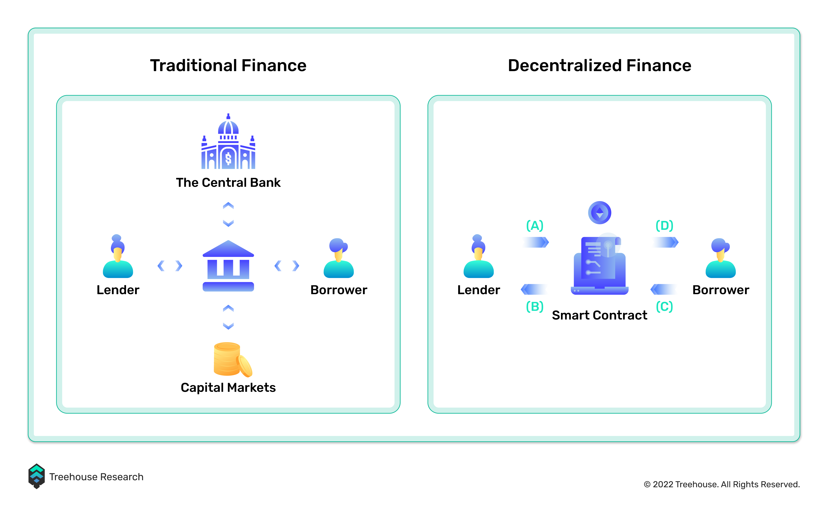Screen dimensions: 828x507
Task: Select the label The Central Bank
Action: coord(228,183)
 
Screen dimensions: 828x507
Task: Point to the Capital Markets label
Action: coord(228,388)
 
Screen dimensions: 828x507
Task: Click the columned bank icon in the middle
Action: coord(228,266)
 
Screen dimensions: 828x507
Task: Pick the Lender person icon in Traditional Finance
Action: coord(118,256)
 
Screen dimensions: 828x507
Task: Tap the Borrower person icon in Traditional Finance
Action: coord(339,258)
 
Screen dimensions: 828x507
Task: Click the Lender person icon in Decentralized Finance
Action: coord(478,256)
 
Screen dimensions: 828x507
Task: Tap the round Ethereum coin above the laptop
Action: coord(600,212)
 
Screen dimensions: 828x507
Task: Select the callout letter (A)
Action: coord(535,226)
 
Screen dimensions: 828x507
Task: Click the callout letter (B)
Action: coord(535,307)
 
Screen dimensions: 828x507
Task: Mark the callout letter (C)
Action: coord(664,307)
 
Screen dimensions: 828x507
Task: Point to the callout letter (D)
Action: coord(664,226)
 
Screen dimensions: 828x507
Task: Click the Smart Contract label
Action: coord(600,315)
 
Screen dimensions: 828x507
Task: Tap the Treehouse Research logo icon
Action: coord(37,476)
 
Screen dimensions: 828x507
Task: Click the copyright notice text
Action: coord(722,485)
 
